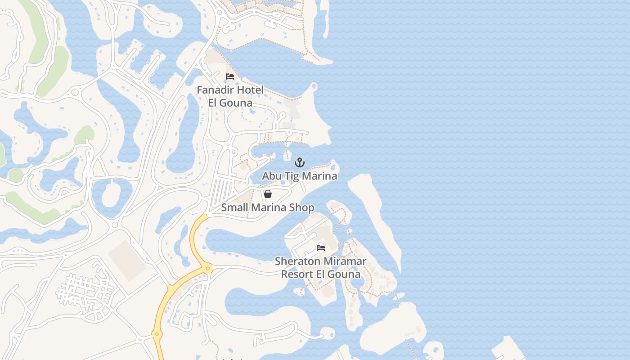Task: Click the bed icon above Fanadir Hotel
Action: click(230, 76)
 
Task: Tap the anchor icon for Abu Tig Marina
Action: click(300, 162)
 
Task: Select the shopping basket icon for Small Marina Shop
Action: click(268, 194)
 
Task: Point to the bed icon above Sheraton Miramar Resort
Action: click(321, 247)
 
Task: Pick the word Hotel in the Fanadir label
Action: click(250, 90)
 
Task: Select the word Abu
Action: click(271, 176)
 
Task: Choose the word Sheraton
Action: click(295, 261)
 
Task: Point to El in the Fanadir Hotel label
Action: click(213, 103)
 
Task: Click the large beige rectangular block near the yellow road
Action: click(127, 261)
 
